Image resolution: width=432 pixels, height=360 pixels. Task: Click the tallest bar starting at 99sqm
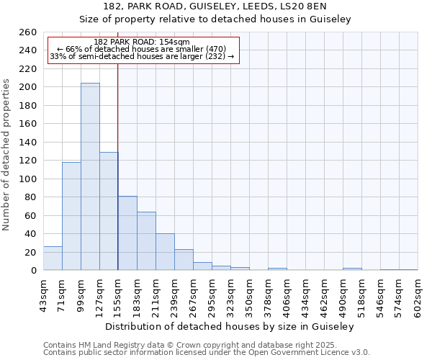pos(90,176)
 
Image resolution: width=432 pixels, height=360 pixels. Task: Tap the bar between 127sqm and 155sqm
pos(109,211)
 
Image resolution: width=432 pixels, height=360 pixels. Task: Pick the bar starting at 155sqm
pos(127,233)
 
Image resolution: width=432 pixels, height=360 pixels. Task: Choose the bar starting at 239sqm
pos(184,260)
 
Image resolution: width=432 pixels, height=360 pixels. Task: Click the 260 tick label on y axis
pos(28,32)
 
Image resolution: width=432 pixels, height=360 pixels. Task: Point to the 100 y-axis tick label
pos(28,179)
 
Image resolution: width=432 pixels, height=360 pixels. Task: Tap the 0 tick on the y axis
pos(33,271)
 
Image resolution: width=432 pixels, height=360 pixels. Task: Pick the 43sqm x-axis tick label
pos(43,294)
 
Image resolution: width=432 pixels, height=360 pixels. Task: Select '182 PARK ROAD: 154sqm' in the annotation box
pos(142,42)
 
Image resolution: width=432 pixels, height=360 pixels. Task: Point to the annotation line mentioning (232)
pos(142,56)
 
